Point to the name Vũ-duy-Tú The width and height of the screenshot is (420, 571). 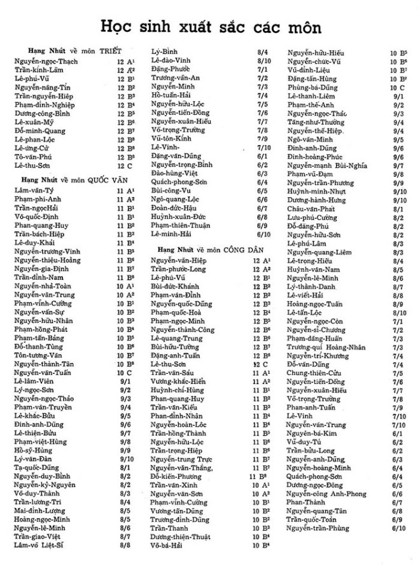304,441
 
